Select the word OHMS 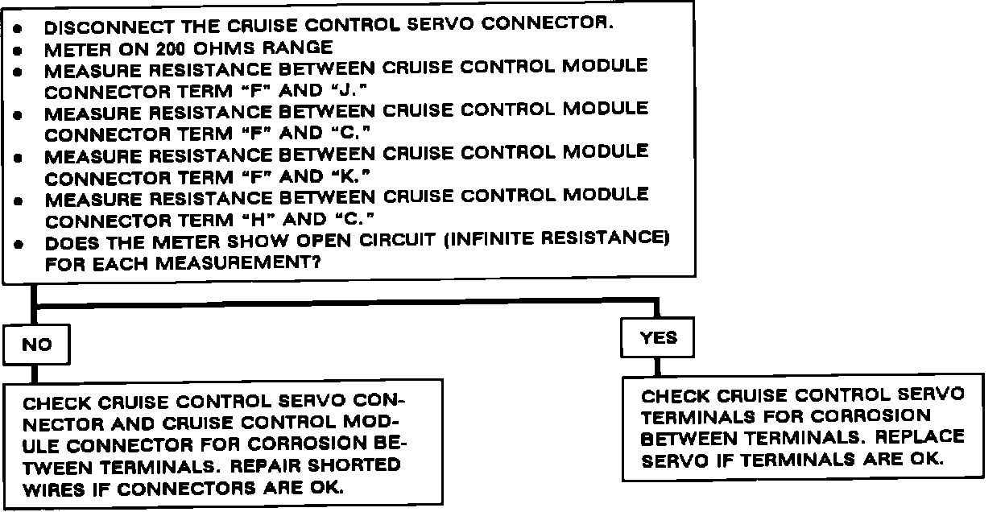(x=230, y=47)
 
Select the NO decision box (x=36, y=345)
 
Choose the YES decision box (x=659, y=338)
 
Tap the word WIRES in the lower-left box (x=53, y=488)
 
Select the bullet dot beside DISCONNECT (x=26, y=27)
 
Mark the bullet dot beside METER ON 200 (x=26, y=48)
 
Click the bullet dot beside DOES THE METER (x=26, y=242)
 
